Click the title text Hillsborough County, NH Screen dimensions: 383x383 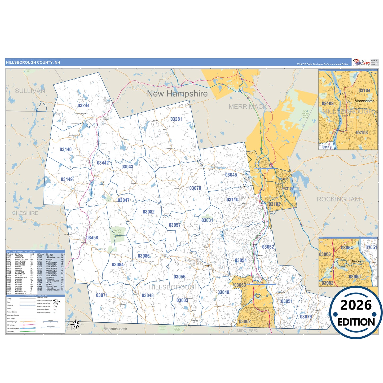(x=33, y=63)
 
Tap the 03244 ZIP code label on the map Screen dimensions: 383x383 (x=83, y=105)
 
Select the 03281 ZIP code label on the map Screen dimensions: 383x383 (x=176, y=119)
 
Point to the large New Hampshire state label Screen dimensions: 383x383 (x=177, y=94)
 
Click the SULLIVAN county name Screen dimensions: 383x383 (x=30, y=91)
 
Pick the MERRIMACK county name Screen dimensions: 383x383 (x=248, y=107)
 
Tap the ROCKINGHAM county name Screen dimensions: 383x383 (x=338, y=199)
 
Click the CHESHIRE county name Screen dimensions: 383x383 (x=25, y=213)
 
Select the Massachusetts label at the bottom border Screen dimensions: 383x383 (x=115, y=329)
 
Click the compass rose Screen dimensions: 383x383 (x=76, y=324)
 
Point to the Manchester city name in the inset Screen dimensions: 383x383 (x=364, y=101)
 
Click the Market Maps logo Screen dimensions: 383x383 (x=362, y=62)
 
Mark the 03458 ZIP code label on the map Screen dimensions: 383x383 (x=92, y=238)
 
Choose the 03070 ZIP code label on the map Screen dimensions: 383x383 (x=195, y=188)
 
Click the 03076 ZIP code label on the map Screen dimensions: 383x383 (x=306, y=317)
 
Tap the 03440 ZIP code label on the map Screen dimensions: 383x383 (x=65, y=149)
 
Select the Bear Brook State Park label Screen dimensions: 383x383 (x=306, y=114)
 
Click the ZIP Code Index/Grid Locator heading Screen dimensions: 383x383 (x=21, y=252)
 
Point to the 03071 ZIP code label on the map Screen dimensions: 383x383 (x=102, y=295)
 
